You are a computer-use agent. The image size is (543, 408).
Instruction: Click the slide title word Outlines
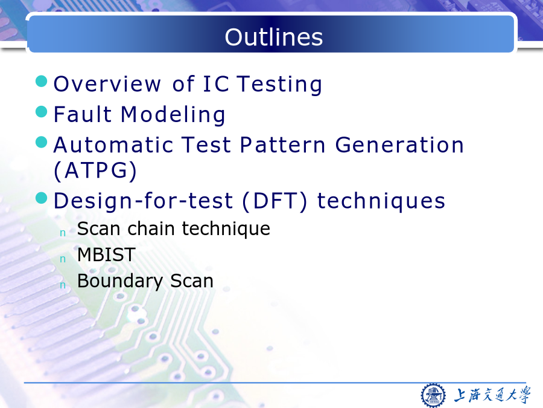[273, 37]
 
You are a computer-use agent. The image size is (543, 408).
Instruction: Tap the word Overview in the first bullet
[107, 84]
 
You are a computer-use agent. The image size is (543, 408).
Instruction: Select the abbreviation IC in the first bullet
[216, 84]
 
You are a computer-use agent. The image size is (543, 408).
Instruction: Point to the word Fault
[83, 114]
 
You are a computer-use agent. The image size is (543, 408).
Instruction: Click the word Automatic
[113, 144]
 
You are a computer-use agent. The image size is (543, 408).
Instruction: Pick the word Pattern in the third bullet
[282, 144]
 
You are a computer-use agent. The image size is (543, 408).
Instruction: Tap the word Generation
[399, 144]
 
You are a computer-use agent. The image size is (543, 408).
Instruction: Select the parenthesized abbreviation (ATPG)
[95, 170]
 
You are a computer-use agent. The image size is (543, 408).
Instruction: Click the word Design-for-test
[143, 201]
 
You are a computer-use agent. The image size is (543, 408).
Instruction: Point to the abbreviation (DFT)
[275, 201]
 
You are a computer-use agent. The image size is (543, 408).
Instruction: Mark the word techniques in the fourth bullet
[381, 201]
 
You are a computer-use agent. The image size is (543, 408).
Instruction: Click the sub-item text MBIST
[106, 254]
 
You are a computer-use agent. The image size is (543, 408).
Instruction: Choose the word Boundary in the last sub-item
[120, 281]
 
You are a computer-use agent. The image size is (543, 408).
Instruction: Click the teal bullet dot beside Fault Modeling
[42, 112]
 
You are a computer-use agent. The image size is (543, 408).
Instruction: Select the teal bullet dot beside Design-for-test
[42, 198]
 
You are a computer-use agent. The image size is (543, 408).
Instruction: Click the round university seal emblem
[433, 395]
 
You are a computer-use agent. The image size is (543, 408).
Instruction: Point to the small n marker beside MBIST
[63, 259]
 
